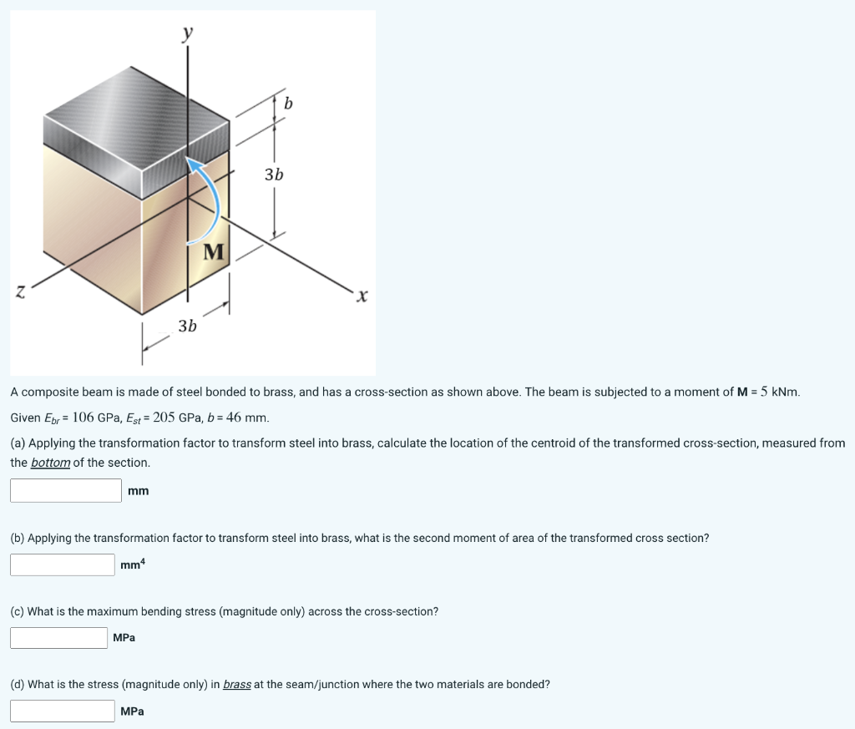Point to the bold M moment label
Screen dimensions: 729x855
215,252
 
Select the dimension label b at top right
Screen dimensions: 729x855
289,104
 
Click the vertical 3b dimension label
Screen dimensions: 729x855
274,175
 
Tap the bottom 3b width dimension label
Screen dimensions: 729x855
188,326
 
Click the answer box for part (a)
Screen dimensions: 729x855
66,490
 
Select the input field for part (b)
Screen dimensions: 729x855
63,564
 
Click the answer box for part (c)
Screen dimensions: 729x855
58,638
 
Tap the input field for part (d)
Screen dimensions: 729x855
63,711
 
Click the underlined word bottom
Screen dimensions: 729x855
50,463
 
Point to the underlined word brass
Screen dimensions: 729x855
237,684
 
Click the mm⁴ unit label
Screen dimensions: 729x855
132,565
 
